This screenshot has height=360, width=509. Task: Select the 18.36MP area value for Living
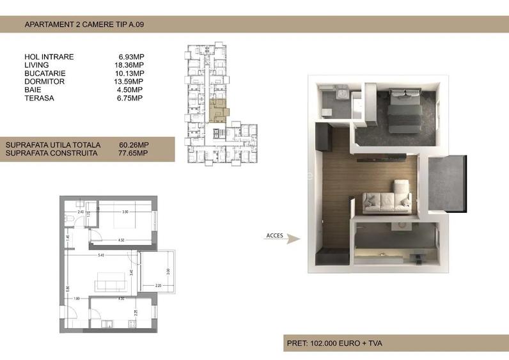click(x=129, y=65)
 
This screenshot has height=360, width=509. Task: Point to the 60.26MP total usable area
click(x=134, y=145)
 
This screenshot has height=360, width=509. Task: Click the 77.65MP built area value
click(x=134, y=153)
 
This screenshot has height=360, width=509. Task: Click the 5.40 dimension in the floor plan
click(x=100, y=256)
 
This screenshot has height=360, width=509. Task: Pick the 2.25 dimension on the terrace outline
click(x=158, y=286)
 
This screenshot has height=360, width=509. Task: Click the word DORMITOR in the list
click(x=44, y=82)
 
